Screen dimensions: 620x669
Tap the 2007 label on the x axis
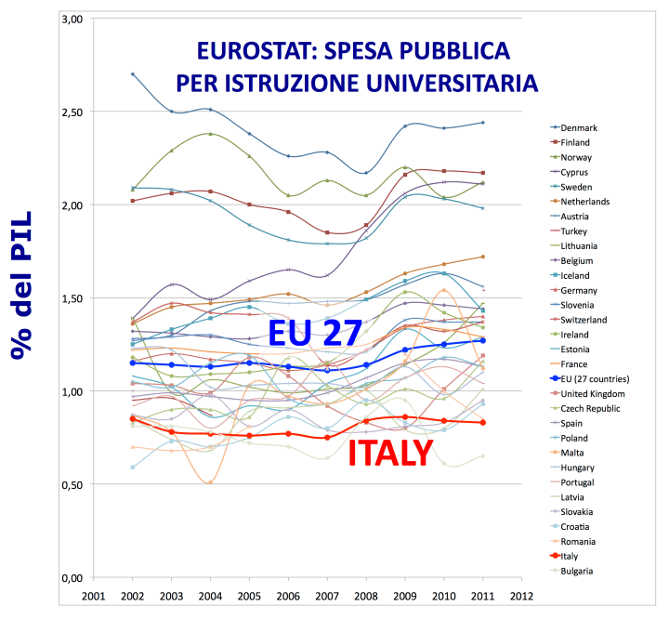327,596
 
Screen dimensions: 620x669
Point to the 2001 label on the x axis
94,596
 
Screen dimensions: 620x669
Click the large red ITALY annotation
390,453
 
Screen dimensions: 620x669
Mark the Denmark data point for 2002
133,74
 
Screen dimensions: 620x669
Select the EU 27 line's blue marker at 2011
483,340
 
